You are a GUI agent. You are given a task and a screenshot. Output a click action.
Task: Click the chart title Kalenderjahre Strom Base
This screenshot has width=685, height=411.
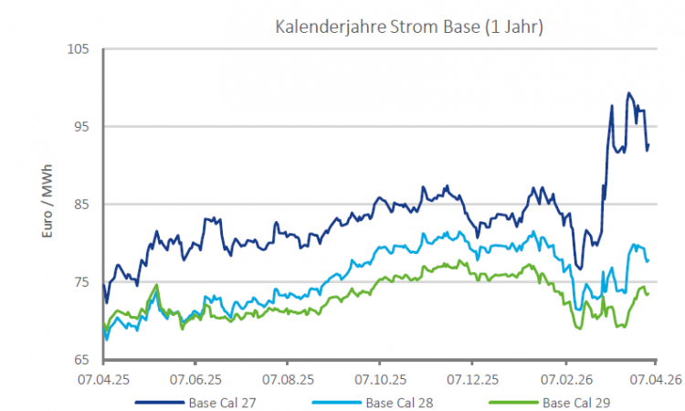410,27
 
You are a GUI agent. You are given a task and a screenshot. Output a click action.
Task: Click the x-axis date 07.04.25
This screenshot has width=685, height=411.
103,377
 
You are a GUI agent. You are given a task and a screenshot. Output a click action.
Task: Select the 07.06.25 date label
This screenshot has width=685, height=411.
196,377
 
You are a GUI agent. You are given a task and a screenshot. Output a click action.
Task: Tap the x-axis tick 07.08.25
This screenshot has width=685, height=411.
289,377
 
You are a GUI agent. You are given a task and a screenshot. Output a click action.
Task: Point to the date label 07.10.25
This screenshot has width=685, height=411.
381,377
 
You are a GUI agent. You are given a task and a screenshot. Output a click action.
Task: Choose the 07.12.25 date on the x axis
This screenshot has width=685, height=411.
473,377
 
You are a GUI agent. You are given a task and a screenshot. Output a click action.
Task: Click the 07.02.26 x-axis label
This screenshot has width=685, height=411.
565,377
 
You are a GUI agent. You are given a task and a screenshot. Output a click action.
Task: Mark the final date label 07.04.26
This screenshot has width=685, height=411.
657,377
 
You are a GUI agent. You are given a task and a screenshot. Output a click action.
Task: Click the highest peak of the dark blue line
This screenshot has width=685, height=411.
628,93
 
